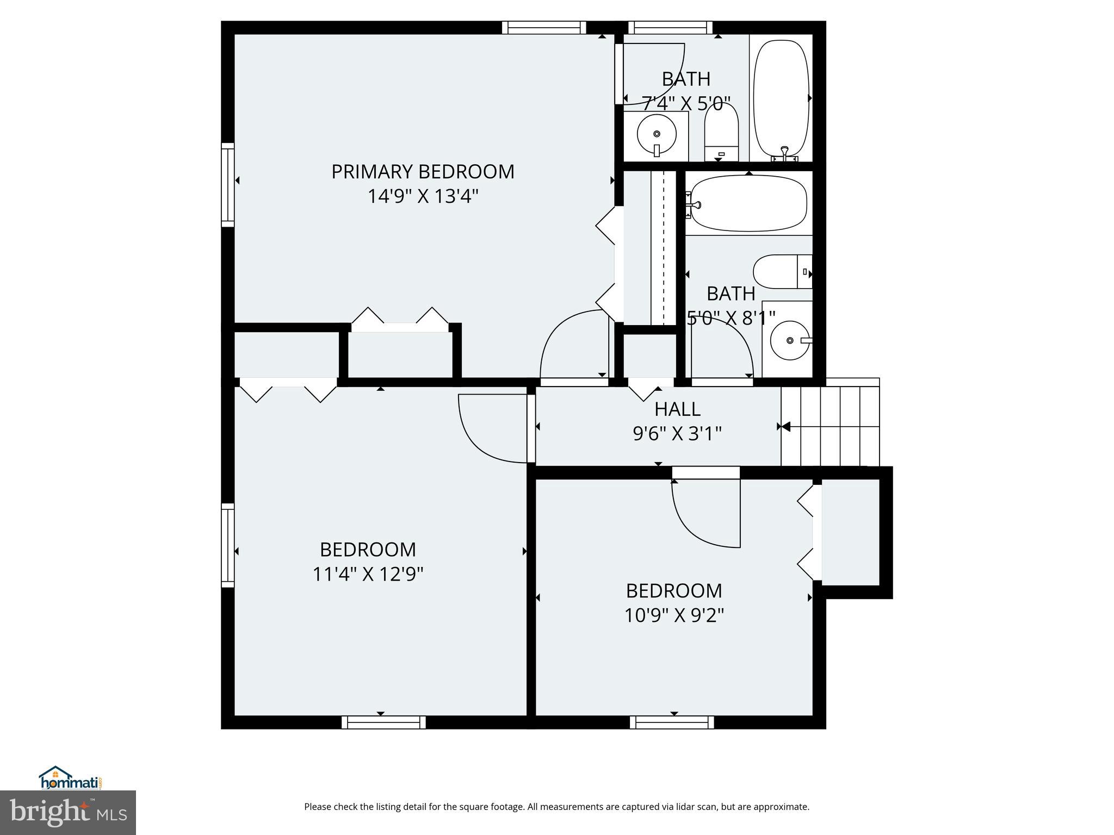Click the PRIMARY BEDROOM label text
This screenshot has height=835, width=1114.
(423, 172)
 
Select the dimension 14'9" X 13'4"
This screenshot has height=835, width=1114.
(423, 196)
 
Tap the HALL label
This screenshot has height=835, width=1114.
(677, 409)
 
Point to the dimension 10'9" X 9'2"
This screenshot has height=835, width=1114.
(673, 615)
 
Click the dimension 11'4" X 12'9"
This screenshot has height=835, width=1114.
(368, 574)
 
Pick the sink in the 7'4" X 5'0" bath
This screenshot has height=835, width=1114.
(657, 134)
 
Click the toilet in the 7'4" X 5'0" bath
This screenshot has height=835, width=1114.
(721, 132)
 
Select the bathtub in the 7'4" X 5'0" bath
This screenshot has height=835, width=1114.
(782, 98)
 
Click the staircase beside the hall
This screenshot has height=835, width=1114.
(830, 422)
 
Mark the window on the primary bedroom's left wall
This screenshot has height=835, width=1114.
(227, 185)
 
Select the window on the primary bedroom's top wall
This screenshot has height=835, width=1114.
(543, 28)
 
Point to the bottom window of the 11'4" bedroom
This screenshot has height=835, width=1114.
(383, 722)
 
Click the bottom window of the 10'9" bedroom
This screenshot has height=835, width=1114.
(672, 722)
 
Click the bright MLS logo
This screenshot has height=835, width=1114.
(68, 812)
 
